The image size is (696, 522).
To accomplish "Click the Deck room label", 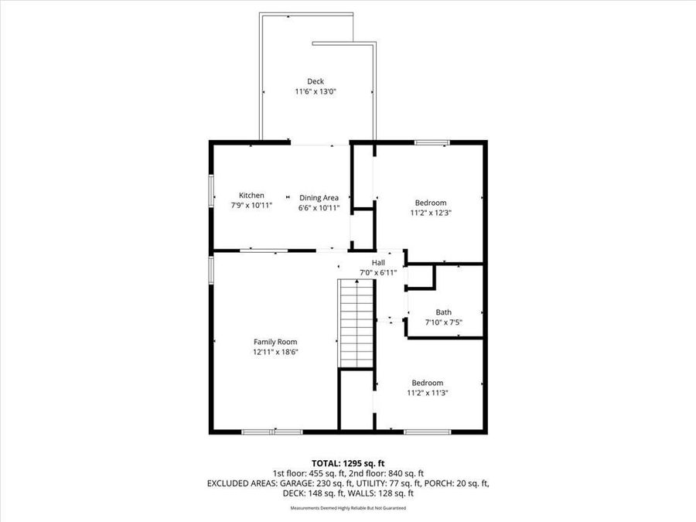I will [315, 81].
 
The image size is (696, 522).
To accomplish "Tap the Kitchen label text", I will [251, 196].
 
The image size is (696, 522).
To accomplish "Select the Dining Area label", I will [319, 198].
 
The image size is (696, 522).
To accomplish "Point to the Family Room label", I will [275, 342].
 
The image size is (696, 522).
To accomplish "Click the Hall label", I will [378, 263].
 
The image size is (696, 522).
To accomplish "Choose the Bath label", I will [443, 312].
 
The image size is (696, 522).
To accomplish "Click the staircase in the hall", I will [357, 324].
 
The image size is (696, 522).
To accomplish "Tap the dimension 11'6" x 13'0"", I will [315, 91].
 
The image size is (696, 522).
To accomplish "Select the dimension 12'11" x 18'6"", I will [275, 352].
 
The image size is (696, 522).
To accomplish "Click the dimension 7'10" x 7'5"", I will [443, 322].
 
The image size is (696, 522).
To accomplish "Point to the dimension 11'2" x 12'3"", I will [430, 213].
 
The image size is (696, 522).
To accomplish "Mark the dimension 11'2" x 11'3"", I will [427, 393].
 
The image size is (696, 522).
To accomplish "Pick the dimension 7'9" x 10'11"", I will [251, 206].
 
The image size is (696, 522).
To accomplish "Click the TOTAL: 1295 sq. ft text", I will [347, 462].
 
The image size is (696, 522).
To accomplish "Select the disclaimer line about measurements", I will [347, 508].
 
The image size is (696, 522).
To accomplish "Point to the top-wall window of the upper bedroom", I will [432, 142].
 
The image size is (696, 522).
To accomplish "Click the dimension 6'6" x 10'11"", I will [319, 208].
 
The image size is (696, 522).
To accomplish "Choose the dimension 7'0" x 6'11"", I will [378, 273].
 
